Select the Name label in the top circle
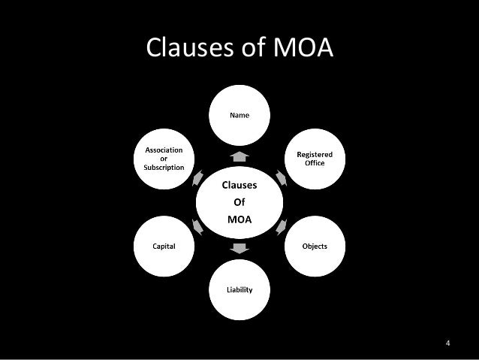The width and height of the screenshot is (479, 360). tap(239, 115)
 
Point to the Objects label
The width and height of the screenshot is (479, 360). tap(315, 246)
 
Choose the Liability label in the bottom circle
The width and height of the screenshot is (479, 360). tap(239, 289)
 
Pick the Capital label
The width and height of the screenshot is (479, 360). tap(164, 246)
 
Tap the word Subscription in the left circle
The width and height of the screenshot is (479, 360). tap(164, 167)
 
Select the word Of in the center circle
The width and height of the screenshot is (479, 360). tap(239, 202)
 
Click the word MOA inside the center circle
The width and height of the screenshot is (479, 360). tap(239, 220)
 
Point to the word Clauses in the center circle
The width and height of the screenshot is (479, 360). tap(239, 184)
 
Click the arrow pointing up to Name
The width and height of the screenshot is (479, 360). tap(239, 156)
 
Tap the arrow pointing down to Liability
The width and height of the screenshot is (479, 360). tap(239, 249)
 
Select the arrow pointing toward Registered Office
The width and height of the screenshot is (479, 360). tap(279, 179)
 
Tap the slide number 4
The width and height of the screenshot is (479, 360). tap(447, 344)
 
